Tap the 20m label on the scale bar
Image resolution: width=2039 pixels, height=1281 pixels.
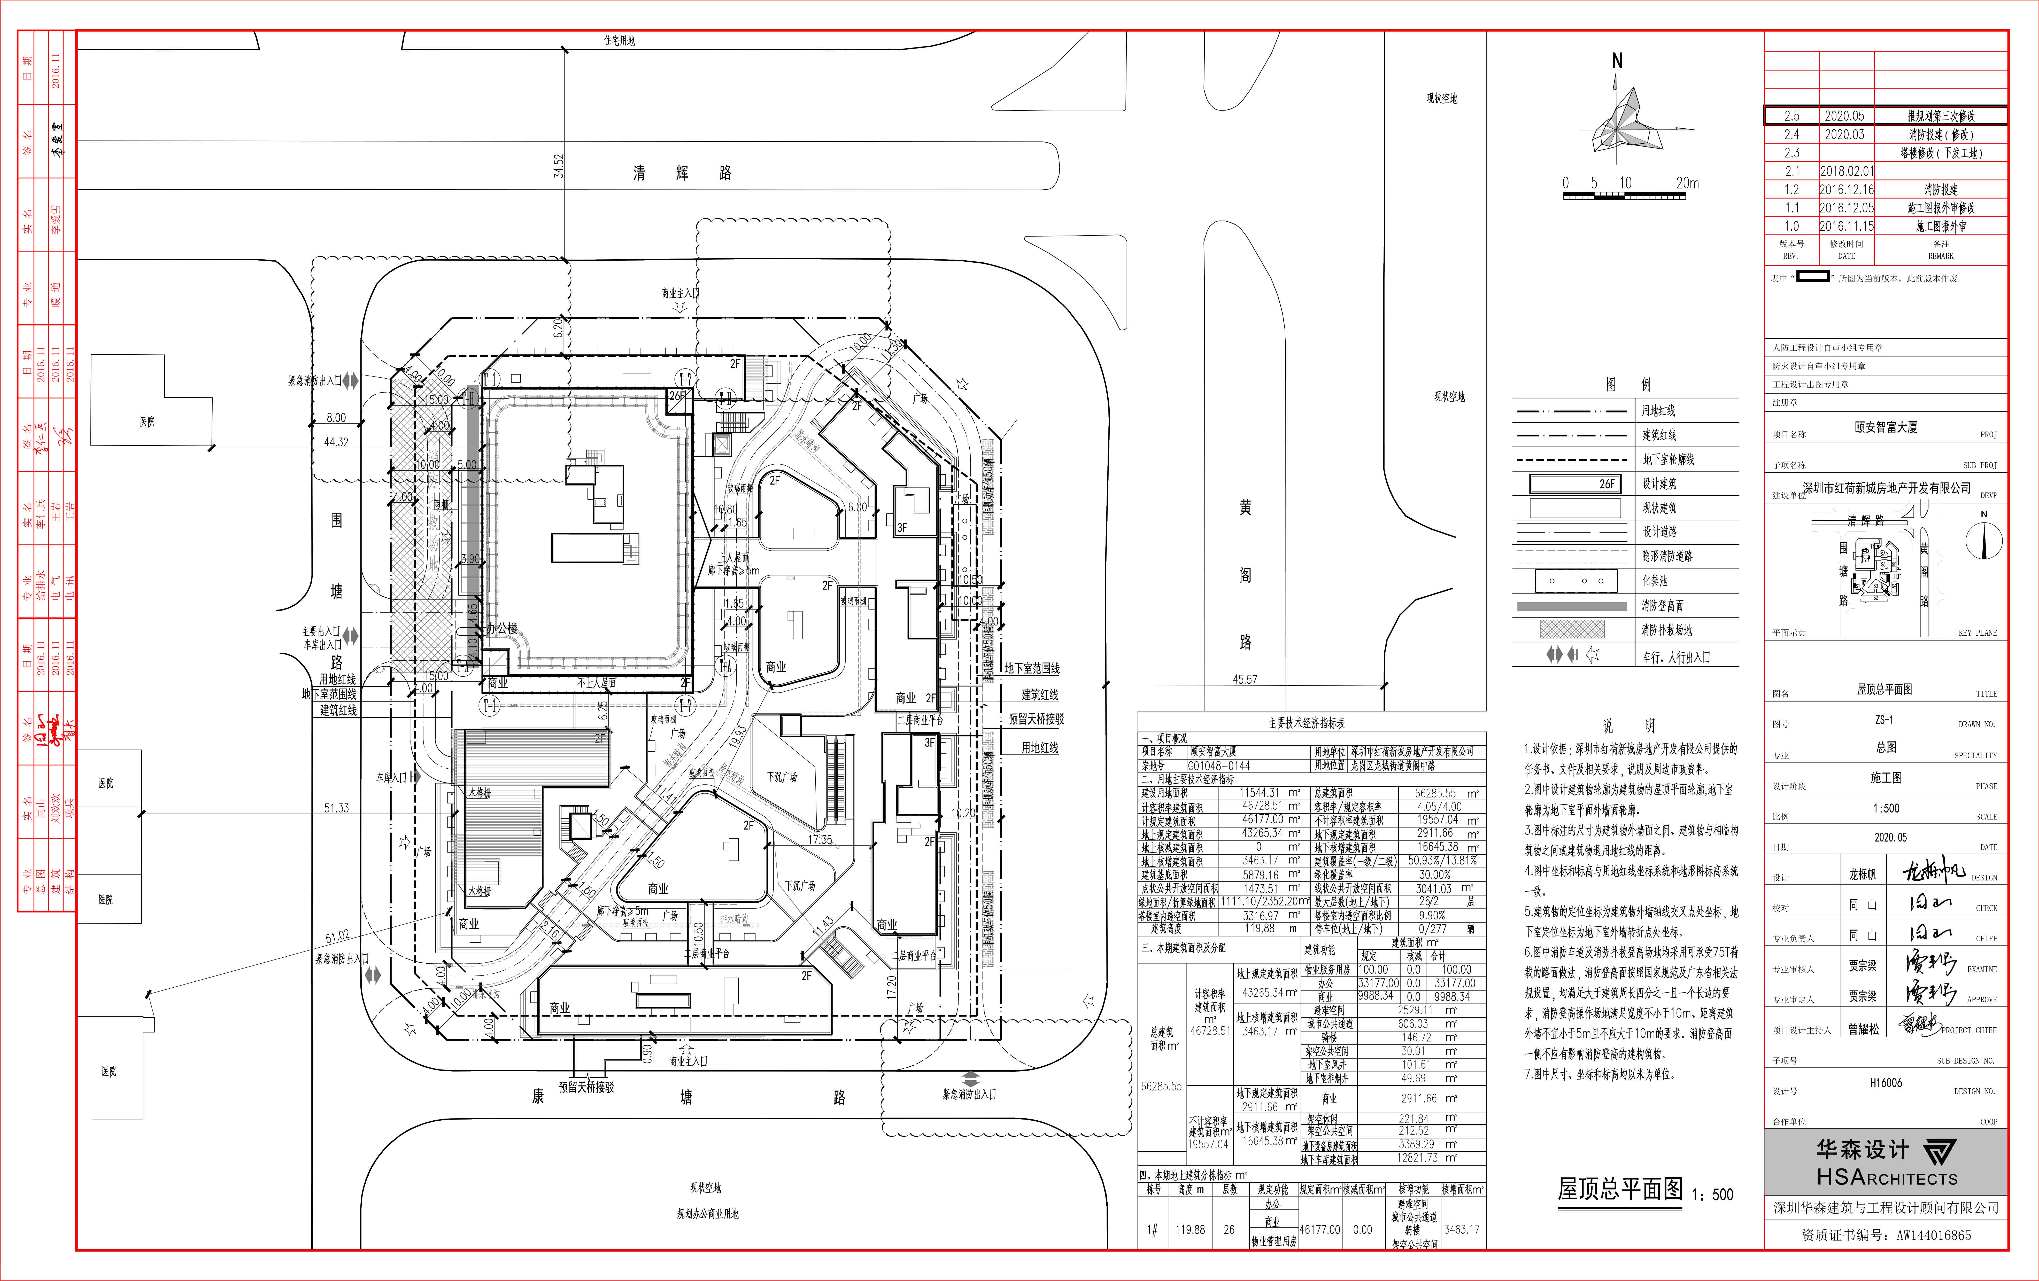1687,183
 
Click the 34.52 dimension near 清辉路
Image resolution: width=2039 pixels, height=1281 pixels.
558,166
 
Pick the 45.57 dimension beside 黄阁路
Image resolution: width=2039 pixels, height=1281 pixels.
1245,679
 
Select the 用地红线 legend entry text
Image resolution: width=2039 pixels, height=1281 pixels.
1658,411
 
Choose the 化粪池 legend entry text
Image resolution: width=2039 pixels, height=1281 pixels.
1655,581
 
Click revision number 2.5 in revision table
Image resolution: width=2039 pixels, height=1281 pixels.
1792,116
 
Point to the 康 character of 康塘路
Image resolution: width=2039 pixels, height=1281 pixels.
538,1096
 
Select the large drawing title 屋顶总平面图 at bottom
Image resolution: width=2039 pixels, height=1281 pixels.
1620,1190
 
